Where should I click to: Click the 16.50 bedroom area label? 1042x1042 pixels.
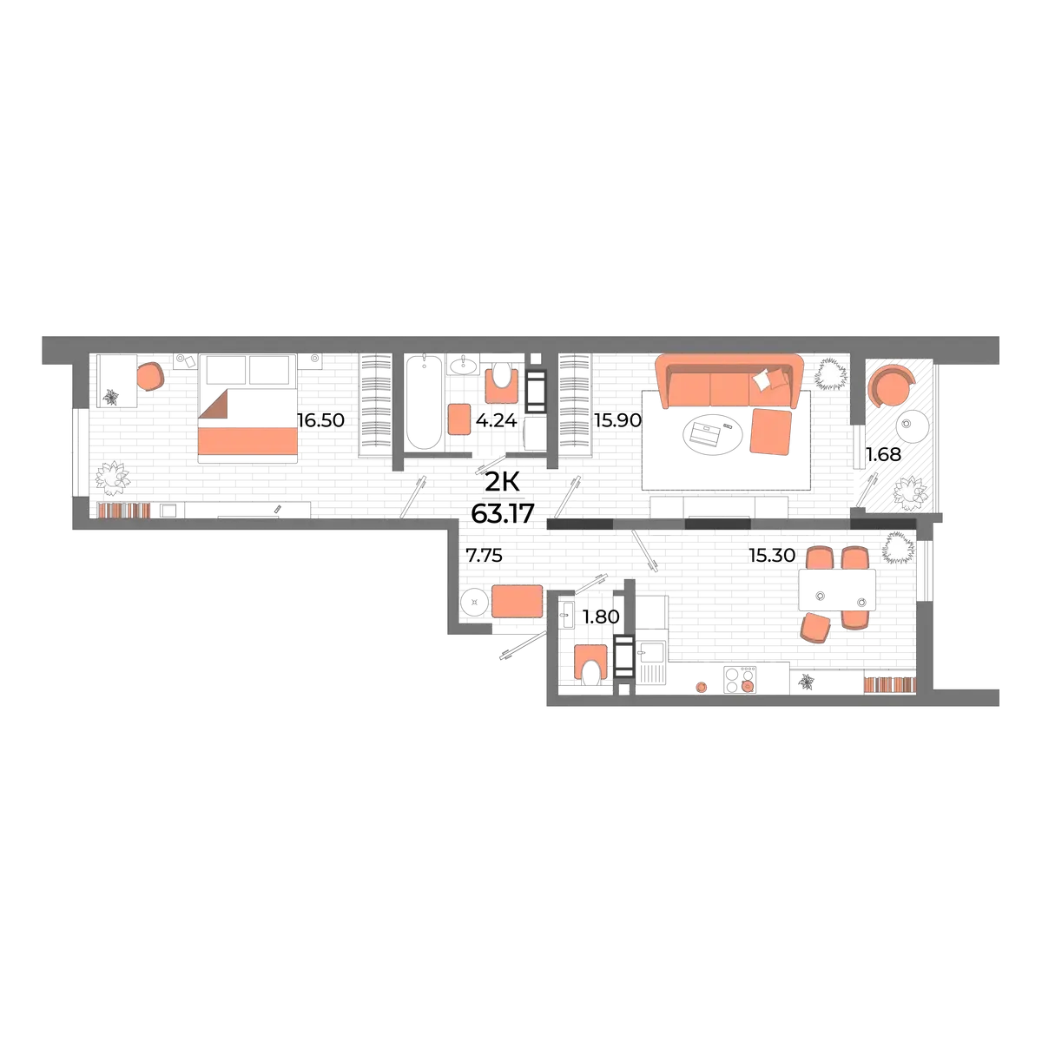tap(320, 420)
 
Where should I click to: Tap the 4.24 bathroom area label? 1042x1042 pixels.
tap(497, 420)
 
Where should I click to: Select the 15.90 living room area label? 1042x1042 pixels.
tap(618, 420)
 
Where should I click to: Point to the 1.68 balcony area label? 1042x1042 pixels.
tap(884, 455)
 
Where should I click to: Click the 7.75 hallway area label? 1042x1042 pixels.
tap(485, 556)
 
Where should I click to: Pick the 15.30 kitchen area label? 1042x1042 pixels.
tap(772, 555)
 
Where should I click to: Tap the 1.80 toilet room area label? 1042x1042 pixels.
tap(601, 617)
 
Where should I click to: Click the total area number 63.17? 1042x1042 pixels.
tap(503, 513)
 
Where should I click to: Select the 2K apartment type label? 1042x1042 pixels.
tap(503, 481)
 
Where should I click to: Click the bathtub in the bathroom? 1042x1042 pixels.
tap(425, 402)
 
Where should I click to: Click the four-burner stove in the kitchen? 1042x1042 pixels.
tap(741, 680)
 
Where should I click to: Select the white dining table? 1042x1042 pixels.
tap(837, 590)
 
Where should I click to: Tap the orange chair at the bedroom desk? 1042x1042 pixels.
tap(149, 376)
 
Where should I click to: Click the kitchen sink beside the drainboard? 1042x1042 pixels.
tap(651, 652)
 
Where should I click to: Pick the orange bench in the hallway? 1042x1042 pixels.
tap(517, 601)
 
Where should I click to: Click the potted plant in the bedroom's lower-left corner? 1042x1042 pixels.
tap(113, 478)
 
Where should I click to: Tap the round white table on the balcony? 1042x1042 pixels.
tap(913, 426)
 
